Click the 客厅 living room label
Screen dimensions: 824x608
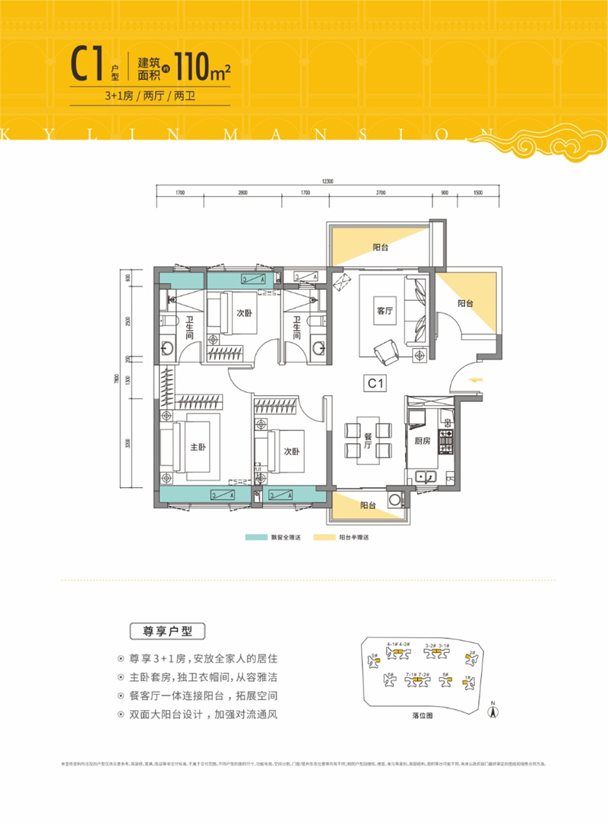click(x=383, y=309)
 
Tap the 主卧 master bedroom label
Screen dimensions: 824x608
click(x=198, y=447)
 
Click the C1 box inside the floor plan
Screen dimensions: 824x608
click(x=374, y=385)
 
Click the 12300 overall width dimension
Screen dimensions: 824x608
click(x=328, y=180)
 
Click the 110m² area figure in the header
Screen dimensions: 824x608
click(x=202, y=68)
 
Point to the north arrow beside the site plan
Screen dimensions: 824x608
click(x=493, y=711)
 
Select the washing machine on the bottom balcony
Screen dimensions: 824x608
click(x=395, y=499)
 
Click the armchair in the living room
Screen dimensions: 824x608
click(x=385, y=351)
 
